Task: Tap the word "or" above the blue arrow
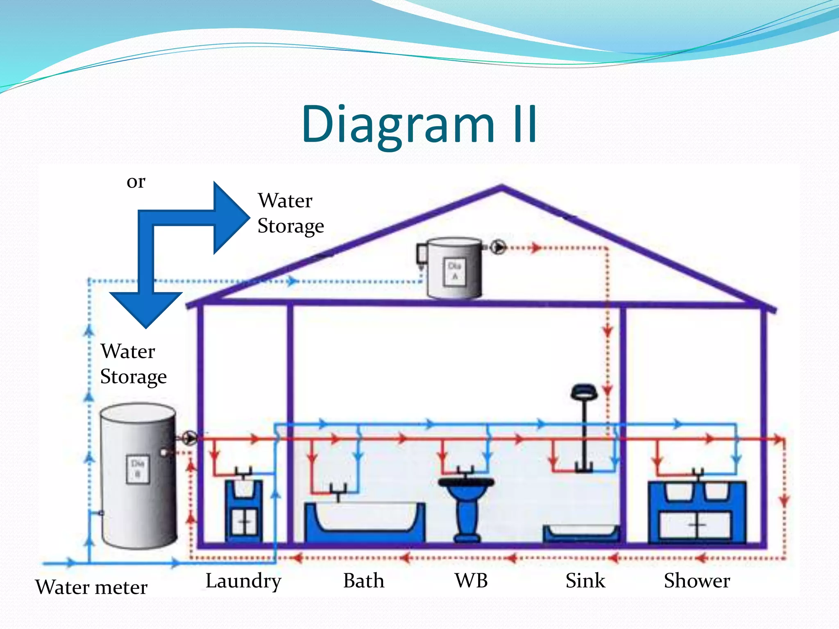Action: coord(136,181)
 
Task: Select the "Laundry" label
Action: coord(243,581)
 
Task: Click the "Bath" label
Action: coord(364,581)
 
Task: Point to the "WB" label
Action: coord(471,581)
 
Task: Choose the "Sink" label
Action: coord(585,581)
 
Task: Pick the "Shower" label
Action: coord(697,581)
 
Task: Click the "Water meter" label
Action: coord(91,587)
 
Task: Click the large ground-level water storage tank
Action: coord(138,475)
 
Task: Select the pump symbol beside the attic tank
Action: coord(498,247)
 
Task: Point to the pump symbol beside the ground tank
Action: coord(190,438)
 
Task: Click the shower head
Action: coord(584,392)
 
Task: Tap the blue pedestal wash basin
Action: coord(466,508)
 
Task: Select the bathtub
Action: coord(364,522)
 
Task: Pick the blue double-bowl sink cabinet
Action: coord(697,512)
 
